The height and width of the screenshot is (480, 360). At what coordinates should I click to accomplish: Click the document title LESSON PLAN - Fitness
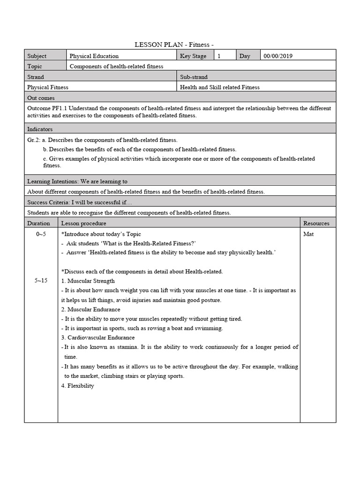(x=174, y=45)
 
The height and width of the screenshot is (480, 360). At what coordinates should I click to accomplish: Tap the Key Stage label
(x=193, y=56)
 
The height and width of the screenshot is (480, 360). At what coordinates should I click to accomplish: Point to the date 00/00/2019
(x=278, y=56)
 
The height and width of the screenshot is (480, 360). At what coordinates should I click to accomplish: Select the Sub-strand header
(x=194, y=77)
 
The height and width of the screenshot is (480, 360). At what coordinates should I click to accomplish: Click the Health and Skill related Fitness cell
(x=220, y=87)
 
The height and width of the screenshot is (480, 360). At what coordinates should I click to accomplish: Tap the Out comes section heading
(x=41, y=98)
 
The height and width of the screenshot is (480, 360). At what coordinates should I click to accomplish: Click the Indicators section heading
(x=40, y=129)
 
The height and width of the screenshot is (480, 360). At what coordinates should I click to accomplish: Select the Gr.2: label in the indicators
(x=34, y=140)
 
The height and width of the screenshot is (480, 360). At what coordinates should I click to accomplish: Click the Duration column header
(x=38, y=224)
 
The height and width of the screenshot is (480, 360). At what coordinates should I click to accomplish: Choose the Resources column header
(x=316, y=224)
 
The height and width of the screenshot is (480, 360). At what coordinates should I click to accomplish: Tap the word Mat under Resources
(x=308, y=234)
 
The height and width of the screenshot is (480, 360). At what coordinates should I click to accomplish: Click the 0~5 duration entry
(x=41, y=234)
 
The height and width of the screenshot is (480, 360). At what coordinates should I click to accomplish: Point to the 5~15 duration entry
(x=41, y=280)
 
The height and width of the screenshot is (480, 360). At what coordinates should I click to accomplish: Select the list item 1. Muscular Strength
(x=88, y=281)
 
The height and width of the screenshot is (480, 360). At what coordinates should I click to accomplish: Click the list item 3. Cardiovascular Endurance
(x=98, y=337)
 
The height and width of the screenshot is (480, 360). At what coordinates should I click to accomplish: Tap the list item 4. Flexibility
(x=78, y=386)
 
